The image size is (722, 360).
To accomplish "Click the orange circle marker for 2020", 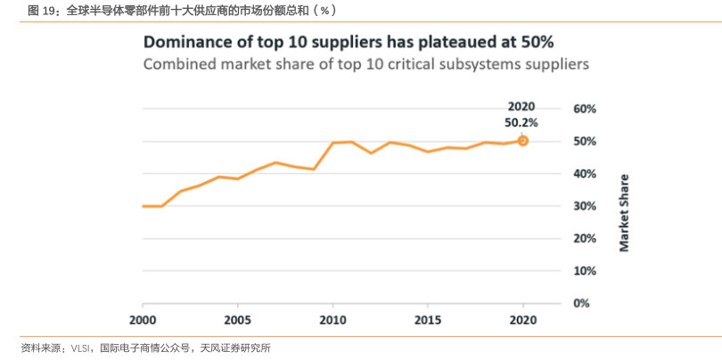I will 523,141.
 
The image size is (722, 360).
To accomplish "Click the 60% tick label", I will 585,109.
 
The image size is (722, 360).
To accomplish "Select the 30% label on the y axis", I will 585,206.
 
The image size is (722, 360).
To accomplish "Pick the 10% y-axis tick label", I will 585,271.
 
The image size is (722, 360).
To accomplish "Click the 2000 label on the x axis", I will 143,320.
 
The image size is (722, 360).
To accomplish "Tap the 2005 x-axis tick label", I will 237,320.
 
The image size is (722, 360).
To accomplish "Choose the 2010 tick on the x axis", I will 332,320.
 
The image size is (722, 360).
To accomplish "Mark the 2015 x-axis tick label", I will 428,320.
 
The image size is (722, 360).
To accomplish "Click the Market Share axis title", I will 624,212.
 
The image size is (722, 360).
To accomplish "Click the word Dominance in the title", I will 188,42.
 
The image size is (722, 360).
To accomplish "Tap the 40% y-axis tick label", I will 585,174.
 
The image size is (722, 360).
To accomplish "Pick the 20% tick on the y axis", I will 585,239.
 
